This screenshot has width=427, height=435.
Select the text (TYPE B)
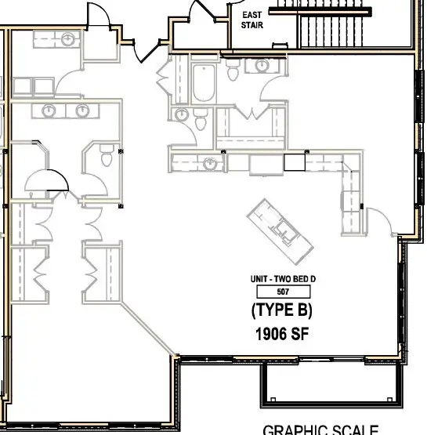click(x=282, y=310)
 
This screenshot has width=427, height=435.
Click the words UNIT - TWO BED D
click(x=282, y=278)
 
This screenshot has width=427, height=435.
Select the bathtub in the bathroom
click(x=202, y=84)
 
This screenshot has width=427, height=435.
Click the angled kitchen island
click(x=282, y=232)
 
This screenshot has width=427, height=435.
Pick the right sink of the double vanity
click(x=81, y=111)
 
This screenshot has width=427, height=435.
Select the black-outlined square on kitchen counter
click(x=293, y=162)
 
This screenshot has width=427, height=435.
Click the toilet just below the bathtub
click(x=200, y=120)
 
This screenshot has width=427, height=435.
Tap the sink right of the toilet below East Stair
click(x=259, y=66)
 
